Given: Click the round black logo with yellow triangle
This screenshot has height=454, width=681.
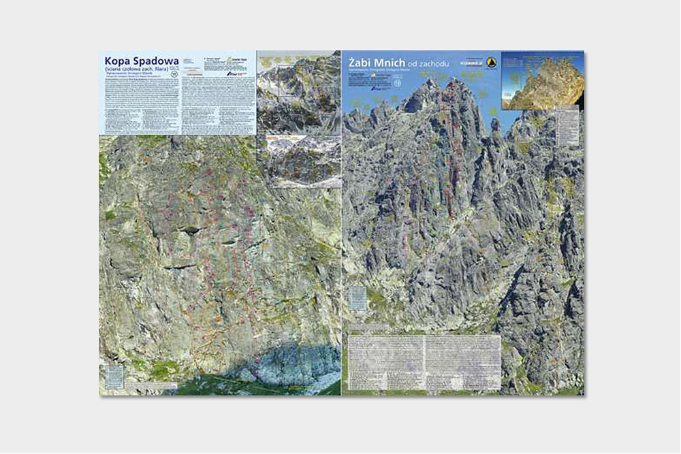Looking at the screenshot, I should tap(492, 63).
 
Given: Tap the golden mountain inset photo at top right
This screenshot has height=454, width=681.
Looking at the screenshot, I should tap(543, 80).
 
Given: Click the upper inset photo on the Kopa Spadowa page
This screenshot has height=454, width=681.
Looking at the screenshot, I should tap(298, 91).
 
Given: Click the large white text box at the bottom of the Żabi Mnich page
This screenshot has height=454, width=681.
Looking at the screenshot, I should tap(424, 361).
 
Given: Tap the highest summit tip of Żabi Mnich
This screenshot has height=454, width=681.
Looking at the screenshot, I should tap(431, 82).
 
